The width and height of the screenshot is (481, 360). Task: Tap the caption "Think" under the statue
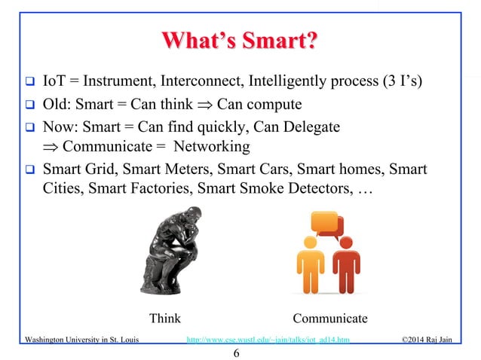click(164, 319)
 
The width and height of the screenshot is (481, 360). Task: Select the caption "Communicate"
click(330, 319)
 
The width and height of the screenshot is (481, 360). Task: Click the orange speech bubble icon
click(326, 224)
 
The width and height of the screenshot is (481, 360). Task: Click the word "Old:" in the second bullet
click(58, 103)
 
